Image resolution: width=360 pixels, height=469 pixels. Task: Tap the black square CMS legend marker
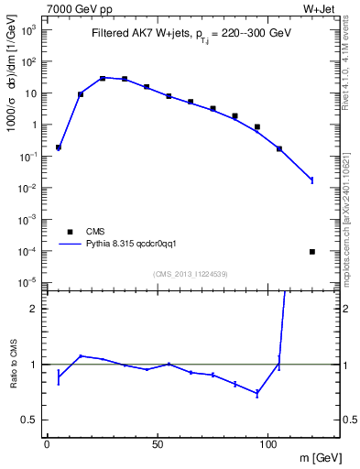coord(67,232)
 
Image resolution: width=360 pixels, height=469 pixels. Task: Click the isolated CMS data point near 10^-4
coord(312,251)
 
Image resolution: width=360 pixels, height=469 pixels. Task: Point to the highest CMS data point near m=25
coord(103,78)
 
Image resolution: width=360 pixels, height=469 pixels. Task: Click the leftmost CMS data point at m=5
coord(59,147)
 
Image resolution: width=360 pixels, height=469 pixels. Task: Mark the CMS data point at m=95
coord(257,126)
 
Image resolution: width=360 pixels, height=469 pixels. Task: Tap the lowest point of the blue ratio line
coord(257,393)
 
